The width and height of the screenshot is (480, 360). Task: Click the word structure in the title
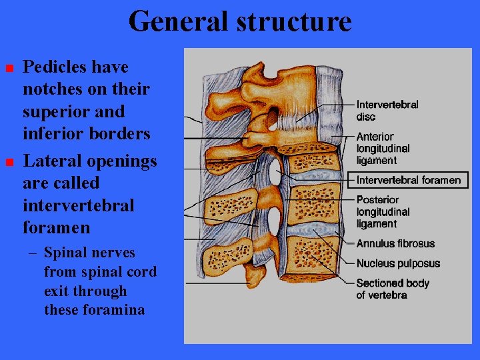coord(295,21)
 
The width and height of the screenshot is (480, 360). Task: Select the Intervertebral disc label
coord(387,111)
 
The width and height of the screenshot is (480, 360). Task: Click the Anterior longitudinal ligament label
coord(383,148)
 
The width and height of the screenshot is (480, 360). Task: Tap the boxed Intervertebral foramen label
coord(408,180)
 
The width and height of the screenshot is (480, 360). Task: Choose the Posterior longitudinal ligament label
coord(383,212)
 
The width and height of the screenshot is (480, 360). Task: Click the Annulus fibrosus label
coord(395,244)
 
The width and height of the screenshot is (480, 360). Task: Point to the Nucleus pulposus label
coord(397,263)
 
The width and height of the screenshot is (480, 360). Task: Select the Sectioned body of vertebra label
coord(392,289)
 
